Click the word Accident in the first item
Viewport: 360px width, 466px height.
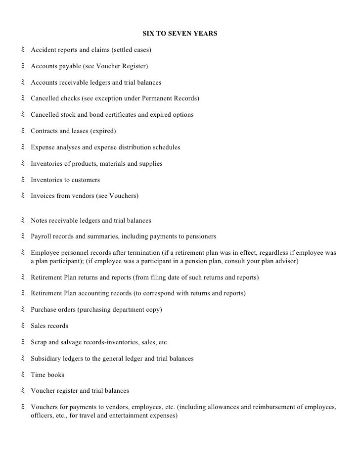click(x=43, y=50)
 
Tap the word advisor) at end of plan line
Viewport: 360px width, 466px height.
click(x=285, y=261)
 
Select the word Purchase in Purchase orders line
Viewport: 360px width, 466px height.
click(x=43, y=310)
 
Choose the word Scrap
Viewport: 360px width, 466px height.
click(x=39, y=342)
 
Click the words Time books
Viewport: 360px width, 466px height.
click(x=47, y=374)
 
